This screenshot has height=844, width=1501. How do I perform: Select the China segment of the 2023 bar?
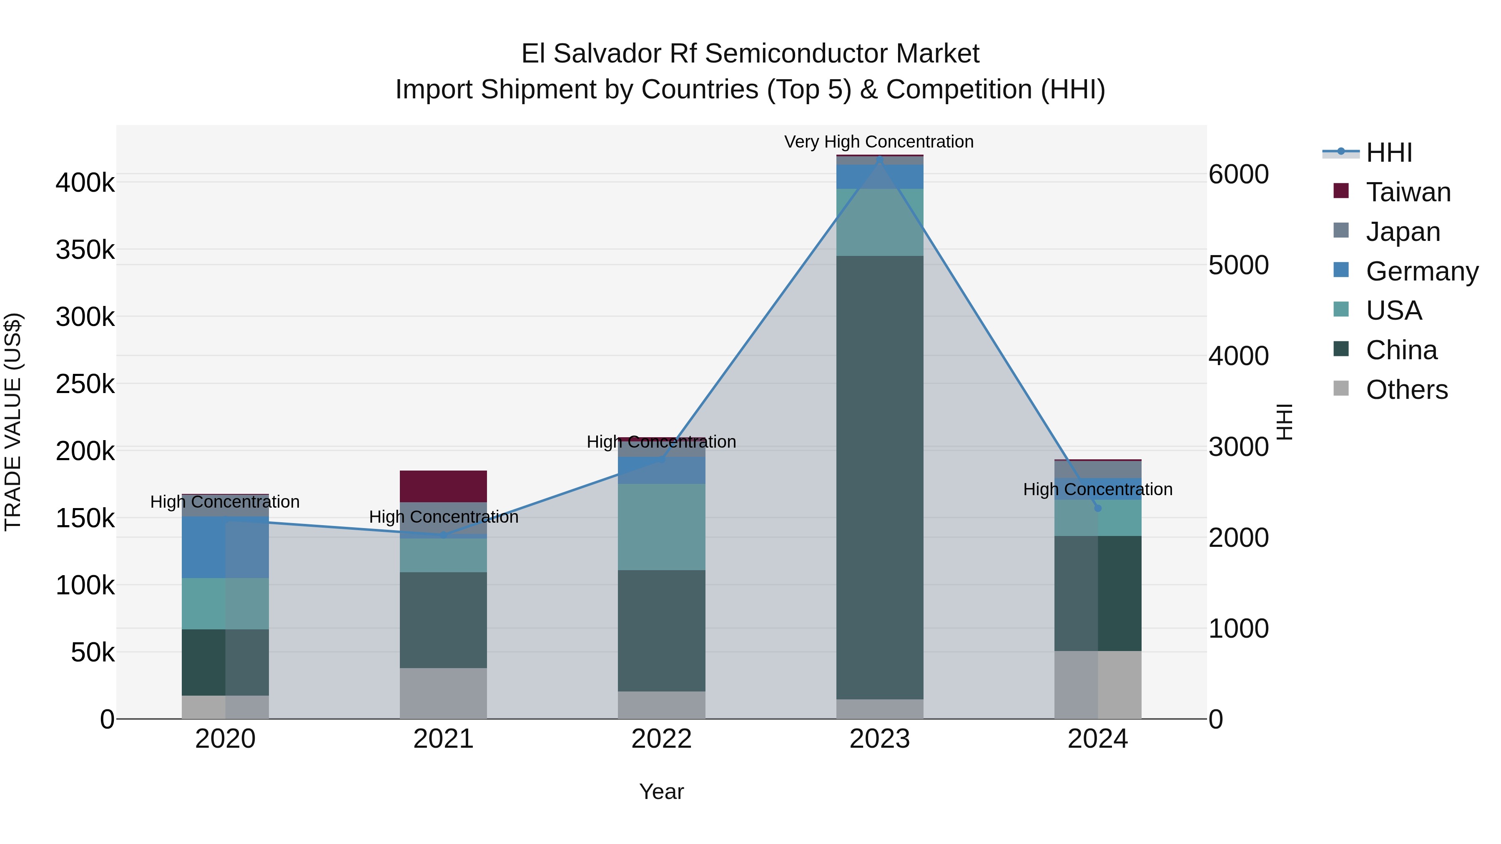click(879, 477)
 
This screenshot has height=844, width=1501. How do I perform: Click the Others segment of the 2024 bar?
click(1097, 684)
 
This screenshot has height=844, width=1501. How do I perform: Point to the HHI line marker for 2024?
click(1098, 508)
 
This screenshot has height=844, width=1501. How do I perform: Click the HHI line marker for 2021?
click(444, 535)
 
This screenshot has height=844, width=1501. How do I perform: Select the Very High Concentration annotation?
click(879, 142)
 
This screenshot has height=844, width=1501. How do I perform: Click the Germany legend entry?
click(1422, 271)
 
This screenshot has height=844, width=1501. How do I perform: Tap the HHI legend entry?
click(1389, 153)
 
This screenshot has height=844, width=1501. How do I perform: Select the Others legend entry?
click(1407, 390)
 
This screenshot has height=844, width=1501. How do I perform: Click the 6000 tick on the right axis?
click(1238, 174)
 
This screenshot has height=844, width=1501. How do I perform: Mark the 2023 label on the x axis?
click(879, 739)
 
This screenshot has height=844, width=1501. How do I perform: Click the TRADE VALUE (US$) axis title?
click(13, 422)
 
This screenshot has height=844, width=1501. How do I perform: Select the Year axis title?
click(661, 791)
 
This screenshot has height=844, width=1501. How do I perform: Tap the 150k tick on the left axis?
click(85, 518)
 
